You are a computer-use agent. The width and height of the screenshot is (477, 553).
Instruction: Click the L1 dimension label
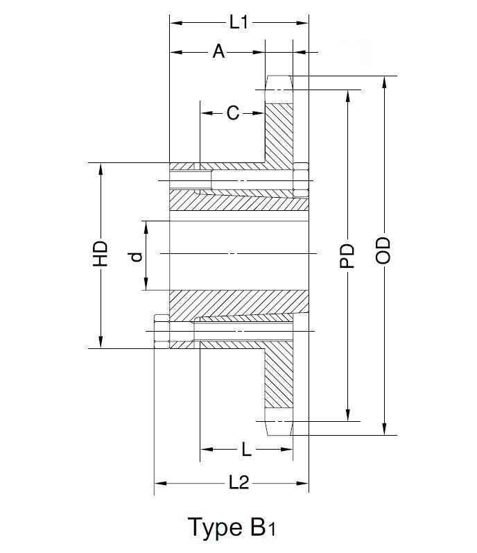pos(238,22)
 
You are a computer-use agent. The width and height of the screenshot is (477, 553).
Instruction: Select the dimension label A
pos(218,51)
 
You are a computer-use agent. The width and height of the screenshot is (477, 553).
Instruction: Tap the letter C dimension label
pos(232,112)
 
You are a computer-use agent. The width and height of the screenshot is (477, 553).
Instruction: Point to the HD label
pos(101,254)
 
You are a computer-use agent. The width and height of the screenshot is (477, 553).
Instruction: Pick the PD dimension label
pos(348,255)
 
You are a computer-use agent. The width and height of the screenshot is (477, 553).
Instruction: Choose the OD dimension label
pos(383,250)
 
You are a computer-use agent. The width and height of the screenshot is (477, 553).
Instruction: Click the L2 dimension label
pos(238,483)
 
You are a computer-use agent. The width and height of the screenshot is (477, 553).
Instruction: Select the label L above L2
pos(246,450)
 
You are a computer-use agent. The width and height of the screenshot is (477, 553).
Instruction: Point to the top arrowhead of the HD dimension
pos(101,169)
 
